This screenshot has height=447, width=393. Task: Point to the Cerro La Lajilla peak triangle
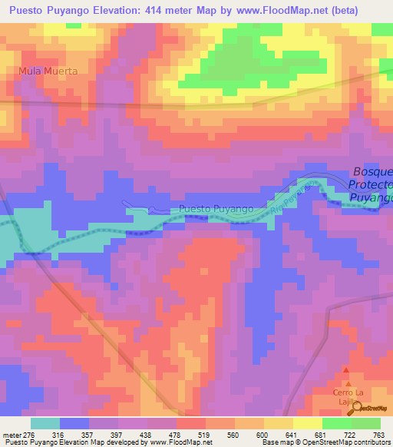(x=349, y=382)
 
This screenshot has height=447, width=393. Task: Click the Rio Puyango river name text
(x=292, y=197)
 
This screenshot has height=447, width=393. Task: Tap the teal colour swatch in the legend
(x=45, y=423)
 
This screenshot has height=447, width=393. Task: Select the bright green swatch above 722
(x=337, y=423)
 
